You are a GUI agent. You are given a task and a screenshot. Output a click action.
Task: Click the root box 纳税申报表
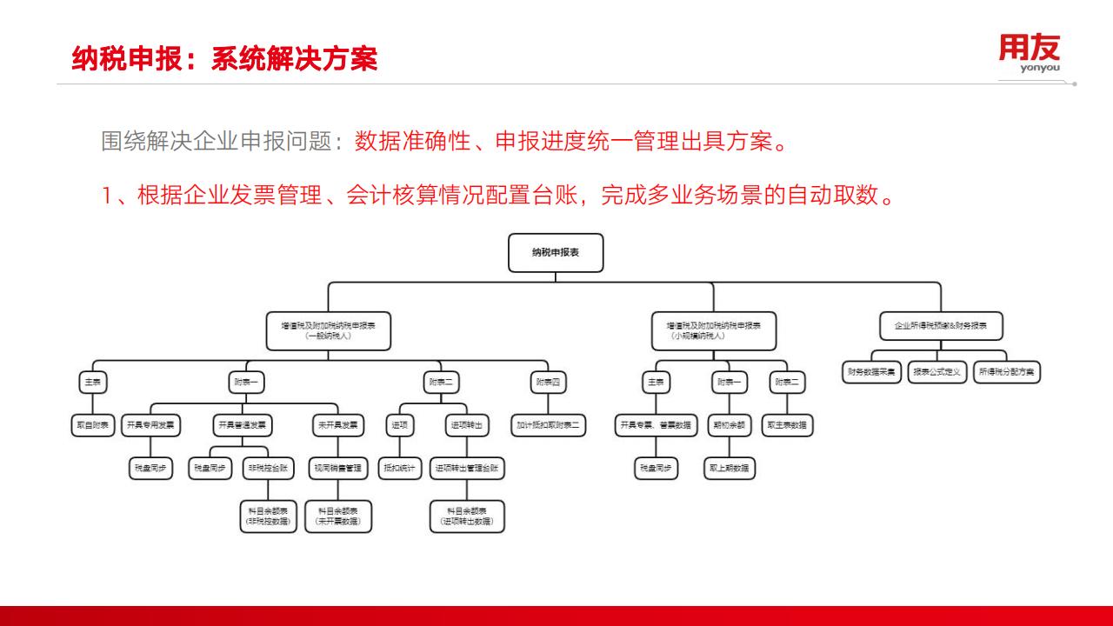click(556, 252)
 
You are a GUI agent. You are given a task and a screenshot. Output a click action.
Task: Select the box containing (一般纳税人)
click(328, 330)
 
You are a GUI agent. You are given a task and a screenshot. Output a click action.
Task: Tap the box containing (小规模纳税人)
click(713, 330)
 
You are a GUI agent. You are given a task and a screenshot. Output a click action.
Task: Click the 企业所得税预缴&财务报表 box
click(941, 325)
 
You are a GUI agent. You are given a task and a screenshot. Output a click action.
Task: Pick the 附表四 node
click(546, 382)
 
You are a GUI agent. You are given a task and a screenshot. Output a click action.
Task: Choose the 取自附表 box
click(92, 425)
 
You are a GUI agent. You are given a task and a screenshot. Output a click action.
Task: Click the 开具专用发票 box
click(150, 425)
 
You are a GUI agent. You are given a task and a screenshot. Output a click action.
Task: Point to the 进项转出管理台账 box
click(467, 469)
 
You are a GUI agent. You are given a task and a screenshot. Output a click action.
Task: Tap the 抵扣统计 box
click(400, 469)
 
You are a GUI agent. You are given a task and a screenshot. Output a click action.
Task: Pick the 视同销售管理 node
click(337, 469)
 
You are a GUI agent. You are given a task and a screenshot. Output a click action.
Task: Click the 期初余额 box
click(729, 425)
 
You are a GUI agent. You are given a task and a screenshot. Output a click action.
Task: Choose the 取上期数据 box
click(729, 469)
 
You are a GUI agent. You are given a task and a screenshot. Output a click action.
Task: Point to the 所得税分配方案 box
click(1007, 372)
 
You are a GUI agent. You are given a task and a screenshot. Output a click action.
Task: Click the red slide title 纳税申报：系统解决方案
click(224, 60)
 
